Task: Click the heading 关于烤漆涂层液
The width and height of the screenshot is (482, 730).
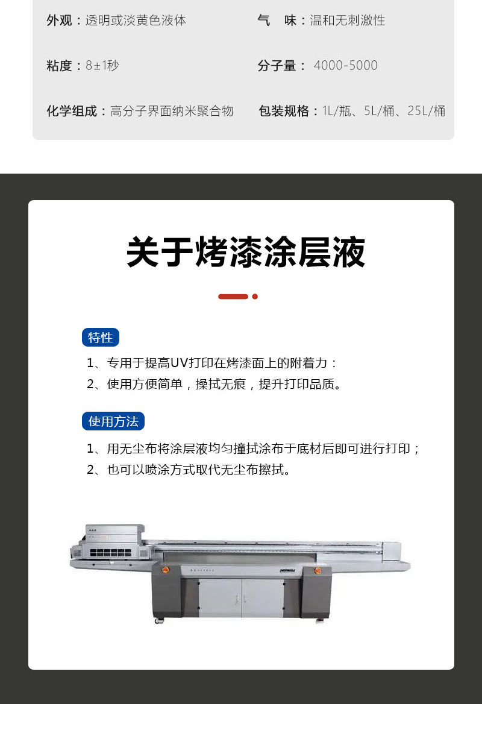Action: coord(246,253)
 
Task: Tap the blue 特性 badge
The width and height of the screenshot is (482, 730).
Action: coord(101,338)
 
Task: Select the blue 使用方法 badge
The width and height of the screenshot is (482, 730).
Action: coord(113,421)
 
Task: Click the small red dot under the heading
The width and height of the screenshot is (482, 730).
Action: coord(255,297)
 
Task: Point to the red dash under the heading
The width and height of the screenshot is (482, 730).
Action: coord(233,297)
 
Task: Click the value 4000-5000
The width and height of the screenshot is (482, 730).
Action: coord(345,66)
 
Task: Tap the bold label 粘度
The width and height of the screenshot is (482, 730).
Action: coord(59,66)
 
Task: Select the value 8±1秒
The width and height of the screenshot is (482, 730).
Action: coord(102,66)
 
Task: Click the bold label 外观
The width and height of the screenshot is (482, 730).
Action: coord(59,20)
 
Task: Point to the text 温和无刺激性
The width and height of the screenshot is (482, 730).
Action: coord(347,20)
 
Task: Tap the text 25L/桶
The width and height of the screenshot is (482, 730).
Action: coord(426,111)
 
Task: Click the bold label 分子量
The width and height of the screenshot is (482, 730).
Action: coord(277,66)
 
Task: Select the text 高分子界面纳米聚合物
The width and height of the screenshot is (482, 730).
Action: coord(172,111)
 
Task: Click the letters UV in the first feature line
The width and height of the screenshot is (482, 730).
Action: coord(179,363)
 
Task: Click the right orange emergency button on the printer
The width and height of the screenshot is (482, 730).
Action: coord(318,570)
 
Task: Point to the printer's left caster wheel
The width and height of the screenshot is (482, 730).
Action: coord(159,620)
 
